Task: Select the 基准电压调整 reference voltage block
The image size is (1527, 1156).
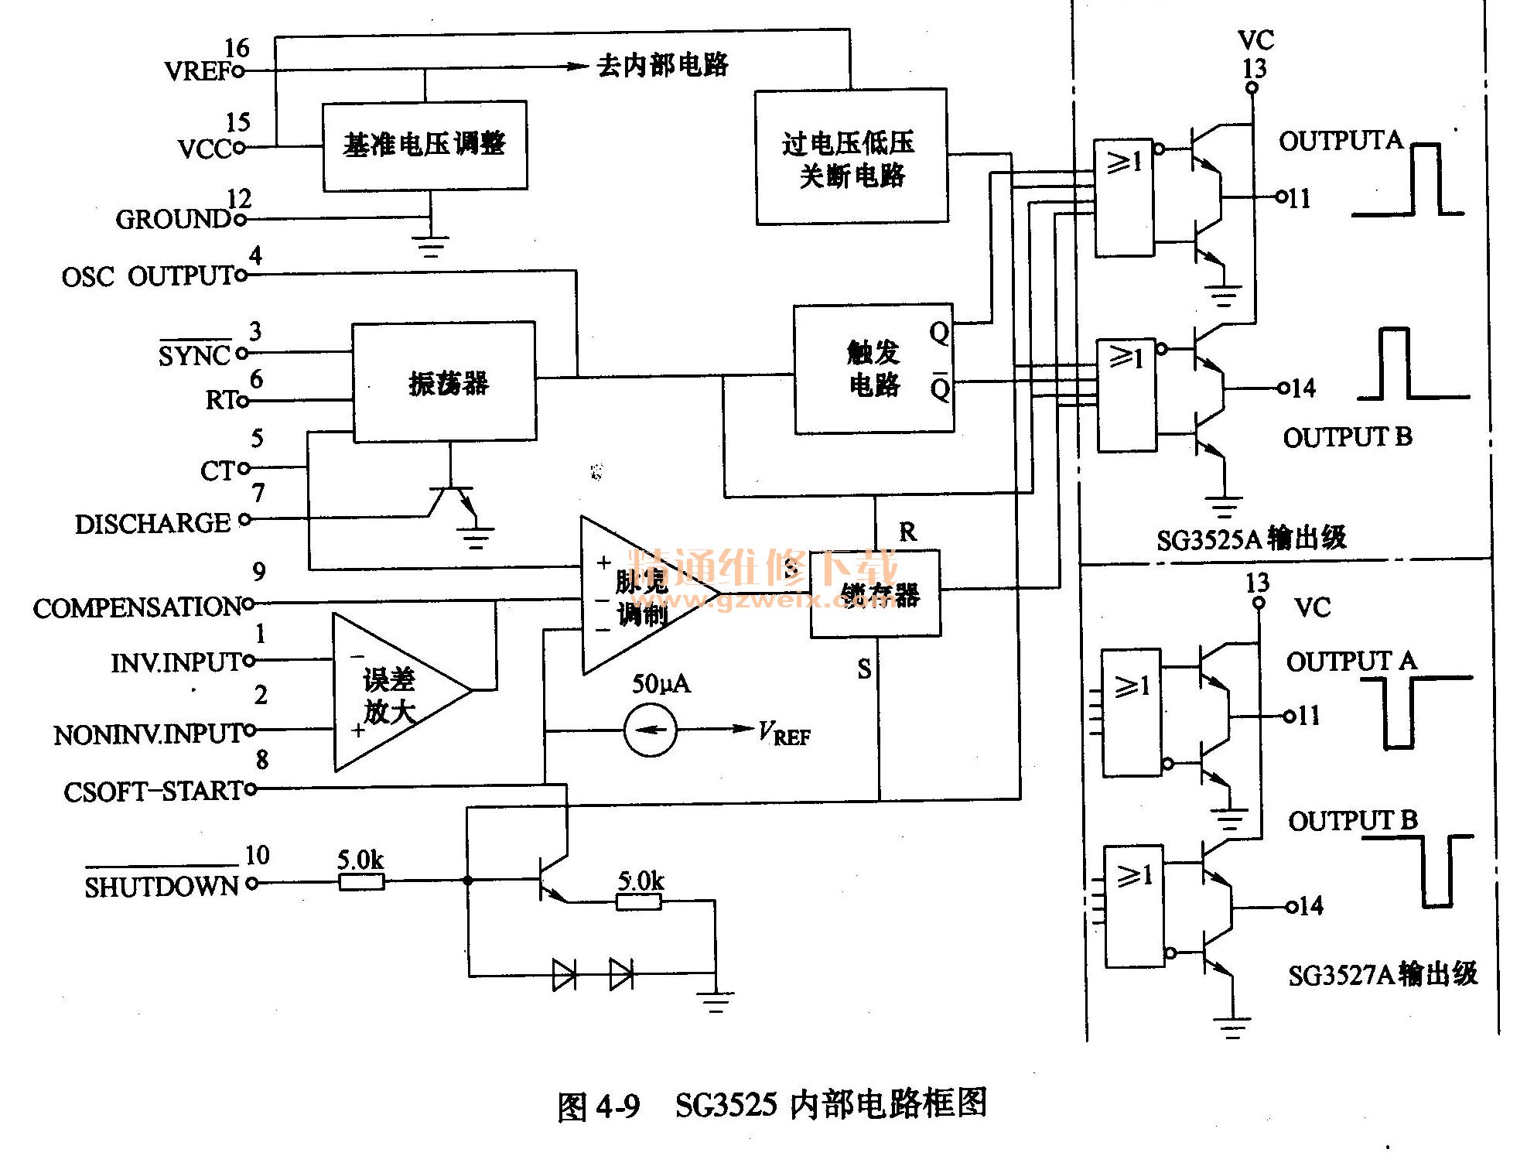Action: pyautogui.click(x=425, y=145)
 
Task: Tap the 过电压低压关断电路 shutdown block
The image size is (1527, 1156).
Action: pyautogui.click(x=851, y=158)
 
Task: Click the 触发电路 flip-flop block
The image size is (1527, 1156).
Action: pyautogui.click(x=873, y=368)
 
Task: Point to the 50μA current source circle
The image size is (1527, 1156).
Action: pyautogui.click(x=650, y=730)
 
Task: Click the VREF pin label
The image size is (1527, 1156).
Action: pyautogui.click(x=198, y=71)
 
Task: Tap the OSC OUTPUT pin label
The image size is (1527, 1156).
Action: pyautogui.click(x=147, y=276)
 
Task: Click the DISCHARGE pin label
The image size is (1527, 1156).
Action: pyautogui.click(x=152, y=524)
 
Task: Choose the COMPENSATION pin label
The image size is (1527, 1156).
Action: pyautogui.click(x=137, y=607)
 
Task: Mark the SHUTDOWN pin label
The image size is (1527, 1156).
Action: pyautogui.click(x=161, y=886)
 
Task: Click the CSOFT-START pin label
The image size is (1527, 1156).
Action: pyautogui.click(x=153, y=792)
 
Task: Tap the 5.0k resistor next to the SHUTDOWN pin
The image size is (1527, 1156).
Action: pyautogui.click(x=361, y=881)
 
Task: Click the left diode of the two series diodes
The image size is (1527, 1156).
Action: pyautogui.click(x=565, y=974)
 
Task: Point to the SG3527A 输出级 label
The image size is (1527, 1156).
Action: pyautogui.click(x=1382, y=974)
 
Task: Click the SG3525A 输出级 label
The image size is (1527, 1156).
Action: pyautogui.click(x=1251, y=538)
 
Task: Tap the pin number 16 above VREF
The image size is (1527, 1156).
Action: pyautogui.click(x=237, y=48)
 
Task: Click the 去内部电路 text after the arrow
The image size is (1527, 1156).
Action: pyautogui.click(x=662, y=66)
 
